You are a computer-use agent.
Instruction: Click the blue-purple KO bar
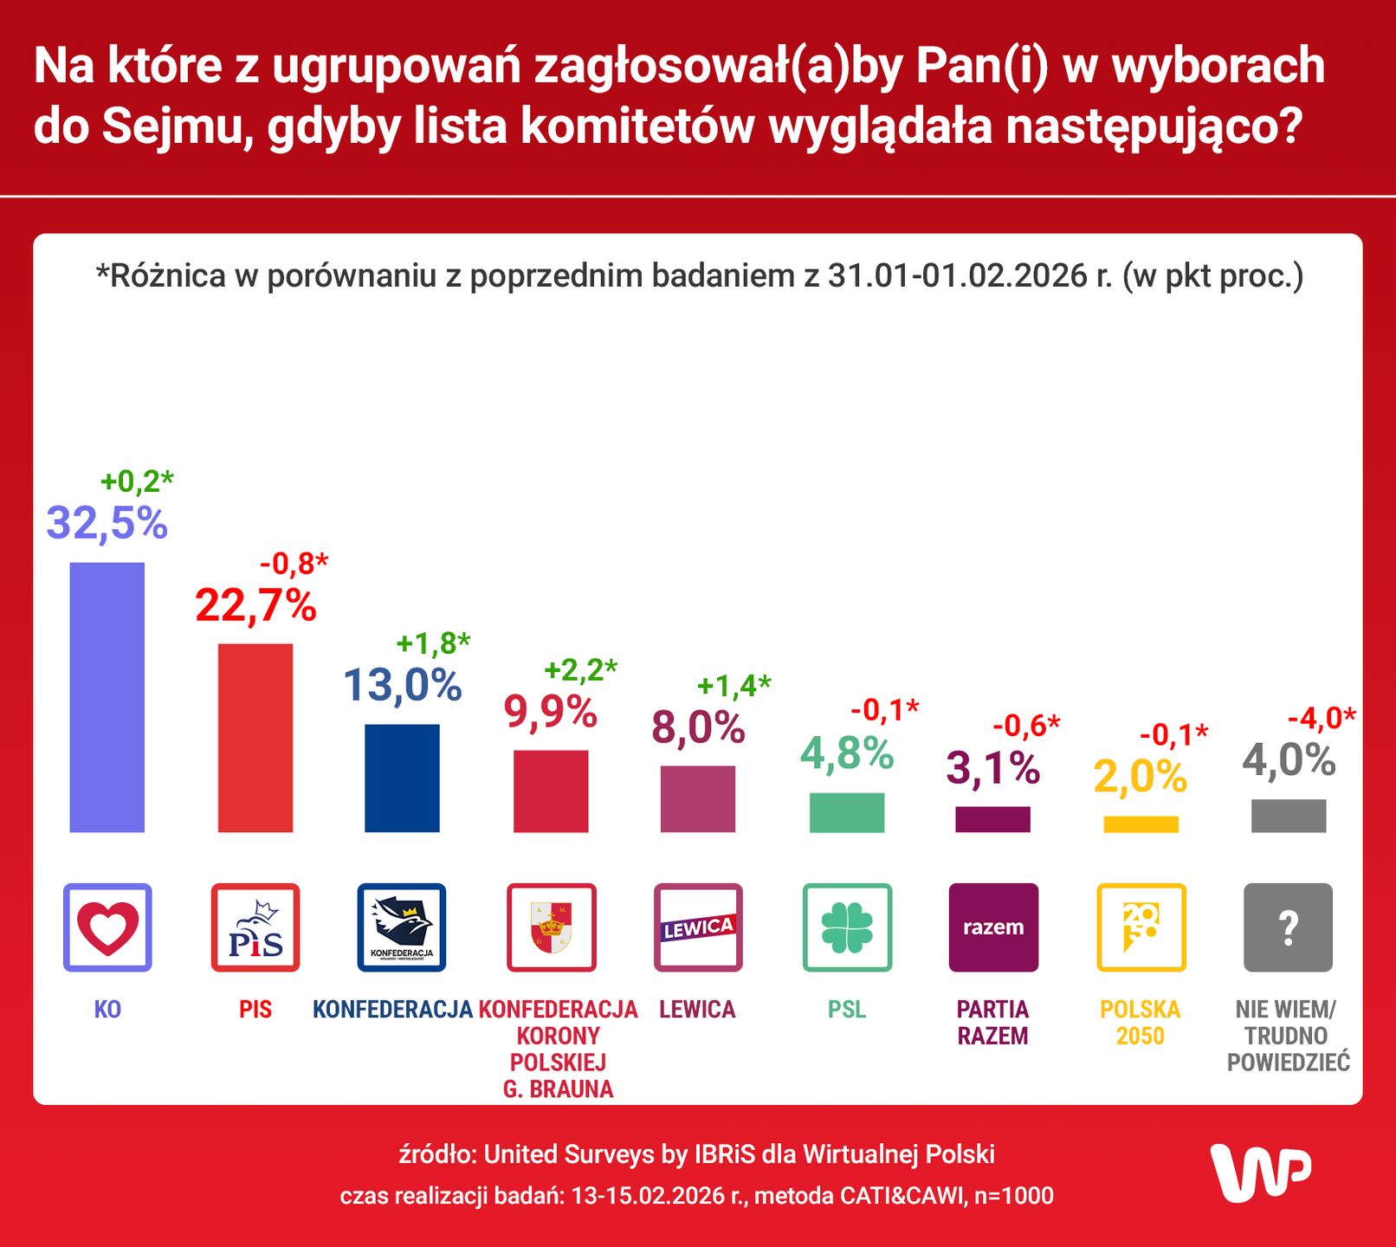(107, 697)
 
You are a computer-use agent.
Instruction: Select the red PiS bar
(255, 738)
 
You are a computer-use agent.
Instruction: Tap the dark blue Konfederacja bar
(402, 778)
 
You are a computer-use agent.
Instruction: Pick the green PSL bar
(846, 812)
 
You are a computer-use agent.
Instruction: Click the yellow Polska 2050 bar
(1141, 824)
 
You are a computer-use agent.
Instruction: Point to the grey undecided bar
(1288, 816)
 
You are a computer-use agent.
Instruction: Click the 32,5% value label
(107, 523)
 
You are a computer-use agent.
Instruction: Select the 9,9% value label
(551, 713)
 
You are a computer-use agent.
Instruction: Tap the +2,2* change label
(580, 669)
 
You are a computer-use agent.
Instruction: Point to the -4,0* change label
(1321, 718)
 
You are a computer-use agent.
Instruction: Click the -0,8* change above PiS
(294, 564)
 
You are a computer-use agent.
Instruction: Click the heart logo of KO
(107, 927)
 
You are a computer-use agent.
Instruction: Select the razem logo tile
(993, 927)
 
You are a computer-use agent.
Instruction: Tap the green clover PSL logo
(846, 927)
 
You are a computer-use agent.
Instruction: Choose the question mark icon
(1288, 927)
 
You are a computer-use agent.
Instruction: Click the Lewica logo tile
(698, 927)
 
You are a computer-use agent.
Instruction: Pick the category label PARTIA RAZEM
(992, 1023)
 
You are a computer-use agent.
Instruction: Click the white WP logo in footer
(1260, 1173)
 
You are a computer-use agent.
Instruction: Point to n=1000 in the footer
(1014, 1196)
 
